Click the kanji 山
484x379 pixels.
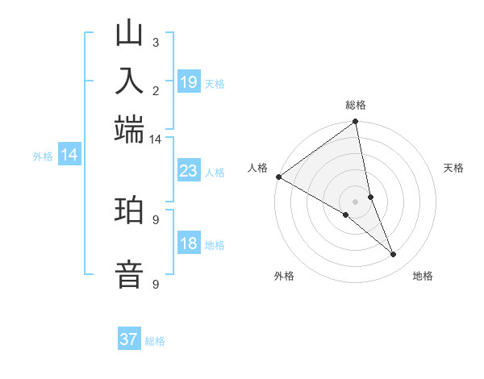[x=130, y=34]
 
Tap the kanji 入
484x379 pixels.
[x=130, y=81]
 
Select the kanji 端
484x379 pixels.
[x=130, y=129]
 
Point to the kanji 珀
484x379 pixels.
[x=130, y=210]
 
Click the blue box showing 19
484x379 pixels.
[x=189, y=82]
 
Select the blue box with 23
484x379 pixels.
[x=189, y=171]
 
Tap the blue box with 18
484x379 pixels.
[x=189, y=244]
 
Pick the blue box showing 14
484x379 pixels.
[x=69, y=156]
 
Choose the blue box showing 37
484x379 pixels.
[x=129, y=339]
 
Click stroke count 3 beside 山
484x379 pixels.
[x=155, y=42]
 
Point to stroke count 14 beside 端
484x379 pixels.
[x=155, y=139]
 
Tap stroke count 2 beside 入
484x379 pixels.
[x=155, y=90]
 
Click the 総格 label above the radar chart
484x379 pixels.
[x=356, y=105]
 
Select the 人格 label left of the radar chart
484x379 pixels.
[x=257, y=168]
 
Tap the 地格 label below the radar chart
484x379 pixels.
[x=423, y=276]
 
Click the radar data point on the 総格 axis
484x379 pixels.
[x=356, y=123]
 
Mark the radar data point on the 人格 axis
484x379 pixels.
[x=278, y=177]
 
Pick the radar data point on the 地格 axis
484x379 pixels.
[x=394, y=255]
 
